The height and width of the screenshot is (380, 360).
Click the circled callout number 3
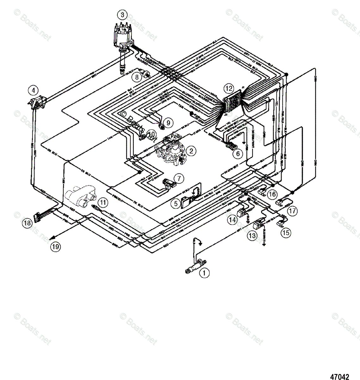tap(122, 15)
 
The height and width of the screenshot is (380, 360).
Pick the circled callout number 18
tap(27, 223)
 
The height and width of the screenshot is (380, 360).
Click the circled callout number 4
tap(33, 90)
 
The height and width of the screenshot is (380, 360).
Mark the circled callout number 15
tap(286, 233)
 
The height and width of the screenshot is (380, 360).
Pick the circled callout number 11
tap(102, 201)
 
